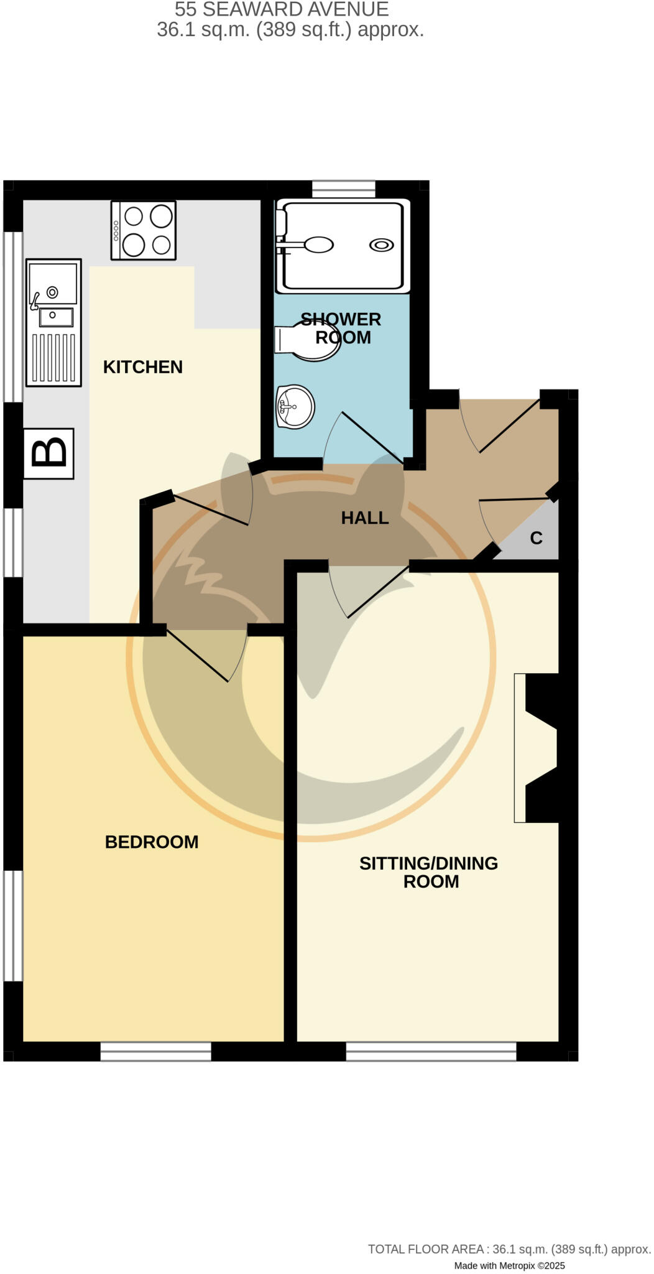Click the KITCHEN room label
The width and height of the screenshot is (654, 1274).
(x=142, y=367)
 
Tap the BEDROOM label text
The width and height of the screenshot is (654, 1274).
(x=151, y=842)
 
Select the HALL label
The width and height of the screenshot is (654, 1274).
(x=364, y=518)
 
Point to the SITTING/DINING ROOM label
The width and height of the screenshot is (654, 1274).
(x=428, y=872)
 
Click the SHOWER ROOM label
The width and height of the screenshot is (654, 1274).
(x=341, y=328)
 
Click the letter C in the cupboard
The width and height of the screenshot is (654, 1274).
(x=536, y=538)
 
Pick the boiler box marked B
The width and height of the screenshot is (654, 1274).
(x=48, y=453)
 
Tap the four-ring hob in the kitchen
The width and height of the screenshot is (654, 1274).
(x=144, y=230)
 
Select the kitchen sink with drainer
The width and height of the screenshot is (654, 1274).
(x=53, y=322)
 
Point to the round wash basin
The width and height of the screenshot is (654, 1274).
(x=295, y=407)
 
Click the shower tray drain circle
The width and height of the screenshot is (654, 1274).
(x=381, y=245)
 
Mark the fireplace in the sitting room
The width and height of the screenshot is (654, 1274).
(x=536, y=748)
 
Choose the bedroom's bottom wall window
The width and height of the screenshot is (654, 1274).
(x=155, y=1051)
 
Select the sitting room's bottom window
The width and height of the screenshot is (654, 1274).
(x=431, y=1051)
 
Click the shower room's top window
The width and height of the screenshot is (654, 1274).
(x=344, y=189)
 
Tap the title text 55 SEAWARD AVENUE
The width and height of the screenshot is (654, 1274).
(x=282, y=9)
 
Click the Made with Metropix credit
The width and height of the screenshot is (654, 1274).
(x=509, y=1265)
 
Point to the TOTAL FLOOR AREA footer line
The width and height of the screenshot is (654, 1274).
(x=509, y=1248)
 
